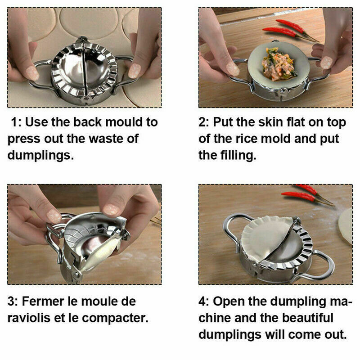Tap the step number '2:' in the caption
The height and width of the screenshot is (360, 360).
(x=204, y=122)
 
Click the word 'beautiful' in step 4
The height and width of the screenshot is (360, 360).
(x=307, y=318)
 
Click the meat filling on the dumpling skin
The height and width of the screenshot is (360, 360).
(x=279, y=64)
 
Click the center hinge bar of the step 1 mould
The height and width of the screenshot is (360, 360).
(x=84, y=69)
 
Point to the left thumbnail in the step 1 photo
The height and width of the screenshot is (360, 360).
(x=32, y=73)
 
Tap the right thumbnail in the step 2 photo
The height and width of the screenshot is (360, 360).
(x=326, y=63)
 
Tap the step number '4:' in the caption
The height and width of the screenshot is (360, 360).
(x=204, y=301)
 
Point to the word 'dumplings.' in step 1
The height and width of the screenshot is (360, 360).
(x=40, y=155)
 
